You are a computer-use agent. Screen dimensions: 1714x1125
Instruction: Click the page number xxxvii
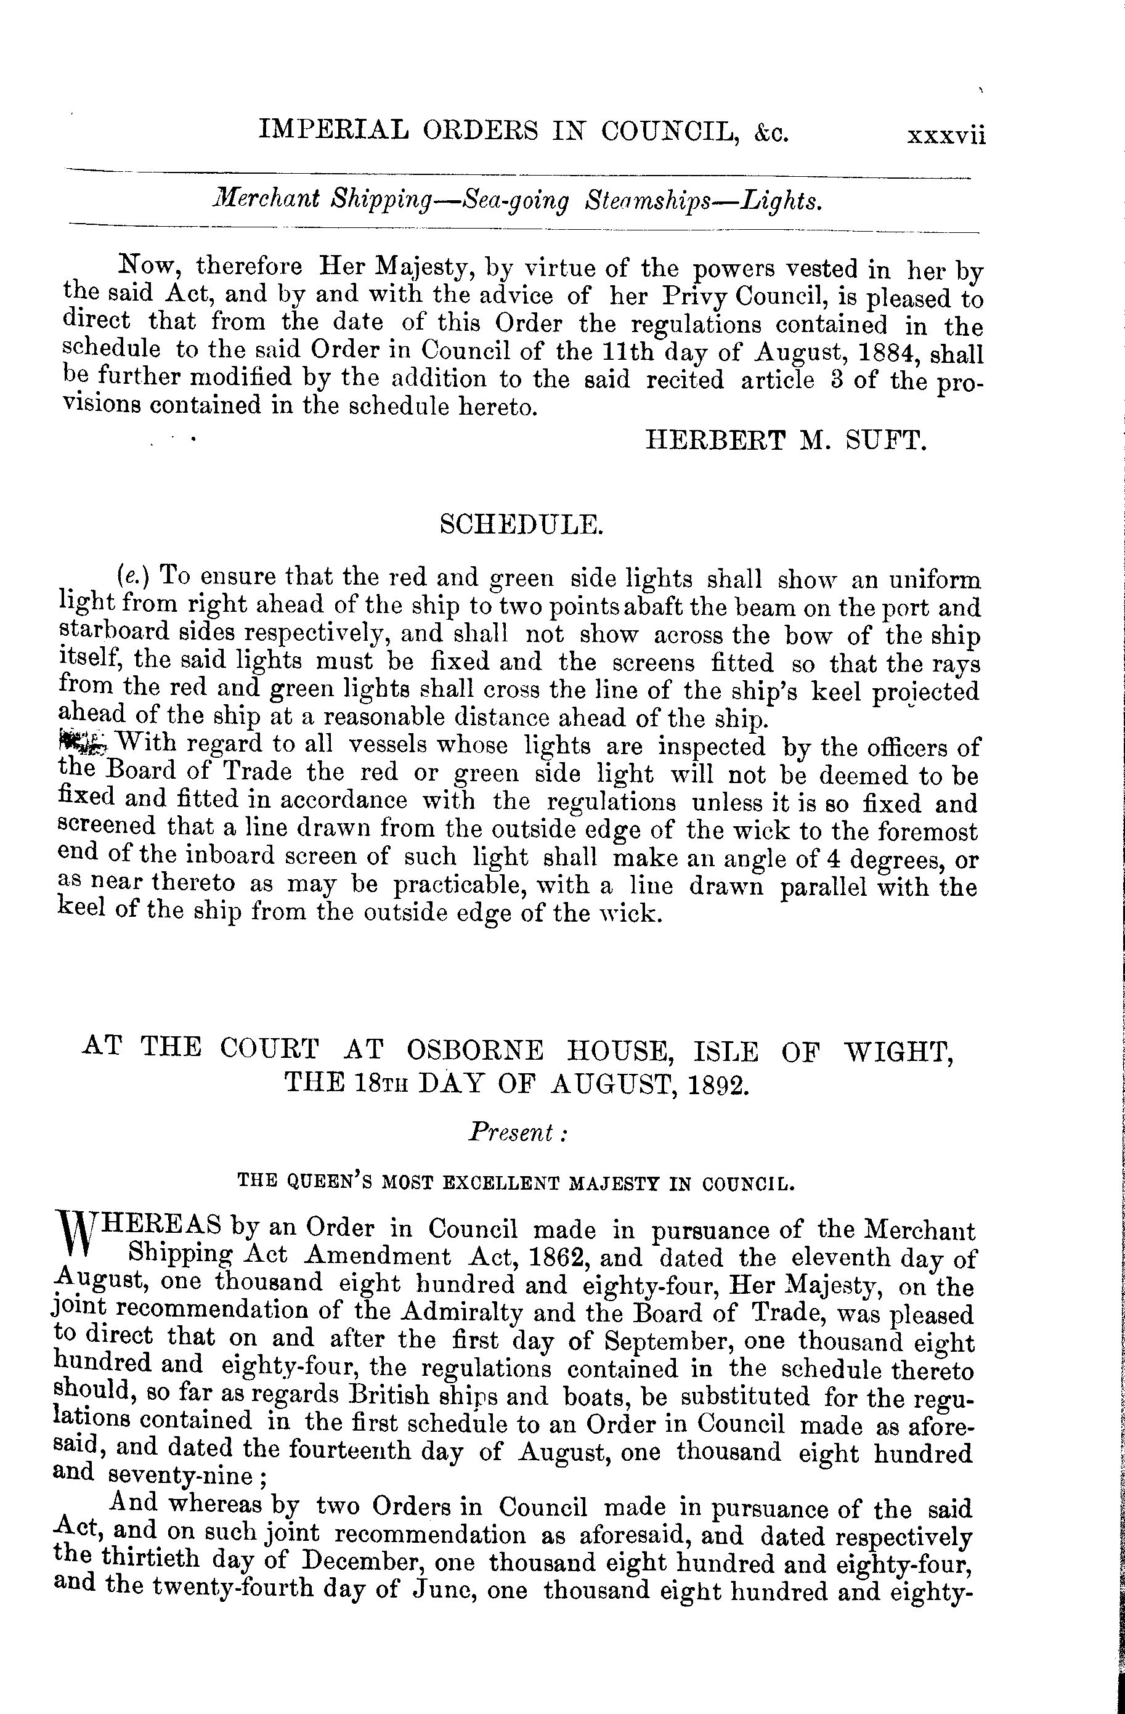[x=946, y=136]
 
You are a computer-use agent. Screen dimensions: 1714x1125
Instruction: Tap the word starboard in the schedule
[x=104, y=633]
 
